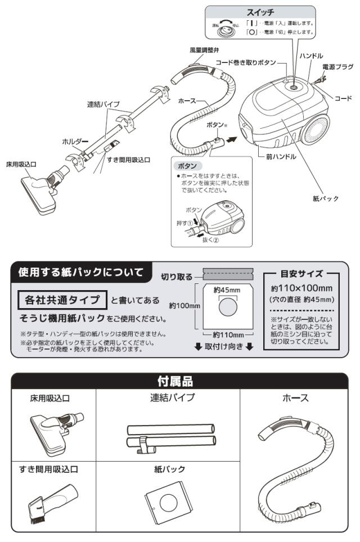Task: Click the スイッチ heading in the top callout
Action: pyautogui.click(x=276, y=11)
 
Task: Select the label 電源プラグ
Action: pyautogui.click(x=337, y=66)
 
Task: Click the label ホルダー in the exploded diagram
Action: pyautogui.click(x=75, y=142)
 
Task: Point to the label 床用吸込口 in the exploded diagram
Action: pyautogui.click(x=21, y=164)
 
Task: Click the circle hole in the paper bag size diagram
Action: pyautogui.click(x=227, y=308)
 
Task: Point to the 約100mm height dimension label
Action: pyautogui.click(x=184, y=305)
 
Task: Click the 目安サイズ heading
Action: pyautogui.click(x=302, y=274)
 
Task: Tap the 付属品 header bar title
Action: pyautogui.click(x=180, y=381)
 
